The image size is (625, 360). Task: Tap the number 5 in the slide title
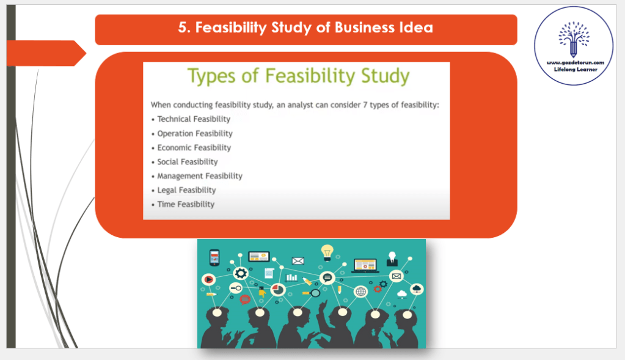coord(182,28)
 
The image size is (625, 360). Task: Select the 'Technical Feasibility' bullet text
coord(194,119)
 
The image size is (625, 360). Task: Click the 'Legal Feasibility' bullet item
coord(186,190)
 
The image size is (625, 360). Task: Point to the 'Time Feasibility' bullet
coord(186,204)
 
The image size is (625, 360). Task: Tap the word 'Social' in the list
coord(167,161)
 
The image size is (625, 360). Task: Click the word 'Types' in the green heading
coord(211,76)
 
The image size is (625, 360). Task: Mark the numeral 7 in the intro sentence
coord(365,105)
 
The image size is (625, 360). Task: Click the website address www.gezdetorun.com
coord(575,62)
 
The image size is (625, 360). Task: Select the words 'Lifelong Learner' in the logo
coord(576,69)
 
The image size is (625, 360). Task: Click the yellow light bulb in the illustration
coord(327,253)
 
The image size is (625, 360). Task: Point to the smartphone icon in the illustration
coord(214,257)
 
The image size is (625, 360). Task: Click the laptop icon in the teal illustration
coord(365,265)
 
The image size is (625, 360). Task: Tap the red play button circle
coord(208,279)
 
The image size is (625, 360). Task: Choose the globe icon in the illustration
coord(360,292)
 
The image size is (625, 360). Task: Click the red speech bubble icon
coord(245,299)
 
